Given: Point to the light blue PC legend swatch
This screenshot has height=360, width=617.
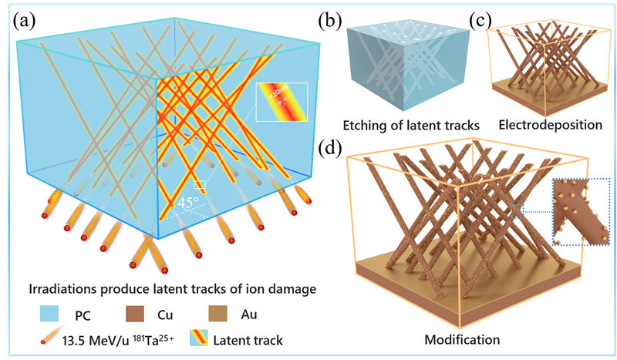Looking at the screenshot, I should [46, 315].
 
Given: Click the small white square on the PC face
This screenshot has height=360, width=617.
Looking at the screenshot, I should [199, 185].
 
